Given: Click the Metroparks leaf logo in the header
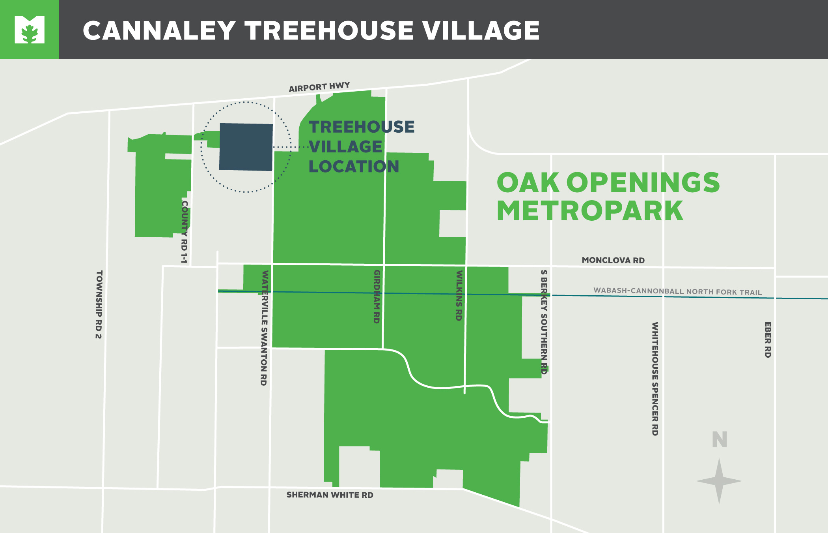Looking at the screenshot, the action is coord(30,30).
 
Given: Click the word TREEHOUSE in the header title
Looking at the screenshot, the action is coord(329,30).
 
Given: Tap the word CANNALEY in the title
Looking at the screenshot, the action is coord(159,30).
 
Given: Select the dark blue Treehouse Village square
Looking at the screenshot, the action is coord(246,147).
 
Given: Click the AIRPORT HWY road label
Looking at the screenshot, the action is coord(319,87).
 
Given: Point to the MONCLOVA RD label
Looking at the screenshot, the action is coord(613,260).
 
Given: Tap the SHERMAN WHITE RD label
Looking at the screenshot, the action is coord(330,495).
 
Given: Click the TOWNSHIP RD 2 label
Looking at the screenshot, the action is coord(99,304).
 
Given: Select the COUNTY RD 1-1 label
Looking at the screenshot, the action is coord(184,232).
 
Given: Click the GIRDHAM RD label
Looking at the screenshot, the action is coord(377,297).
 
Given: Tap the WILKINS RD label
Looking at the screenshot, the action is coord(459,295).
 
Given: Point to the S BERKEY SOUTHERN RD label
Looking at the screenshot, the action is coord(544,322).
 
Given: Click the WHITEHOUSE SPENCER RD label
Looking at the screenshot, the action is coord(655,379).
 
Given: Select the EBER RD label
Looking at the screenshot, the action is coord(768,340).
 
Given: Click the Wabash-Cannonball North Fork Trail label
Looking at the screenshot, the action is coord(677,291).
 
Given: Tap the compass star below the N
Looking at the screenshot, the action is coord(719,481).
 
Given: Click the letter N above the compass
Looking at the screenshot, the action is coord(720,439).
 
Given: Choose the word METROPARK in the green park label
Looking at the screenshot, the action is coord(590,211).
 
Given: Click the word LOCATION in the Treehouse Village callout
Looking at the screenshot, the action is coord(354,166).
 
